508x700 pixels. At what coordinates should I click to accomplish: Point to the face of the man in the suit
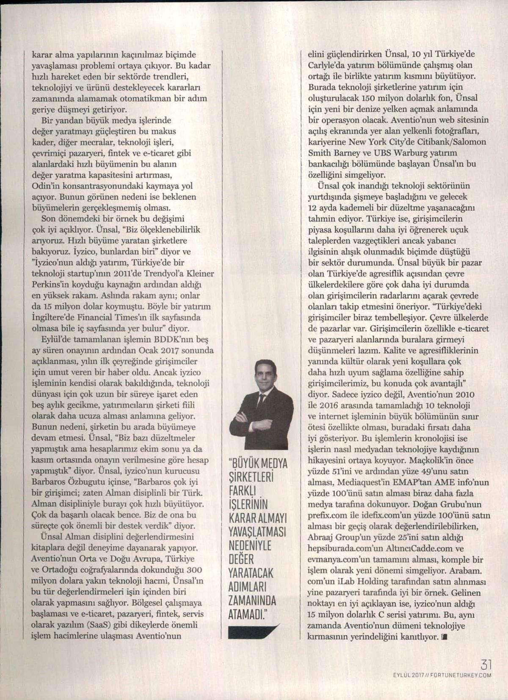pos(265,376)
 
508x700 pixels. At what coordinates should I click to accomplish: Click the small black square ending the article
pos(444,636)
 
